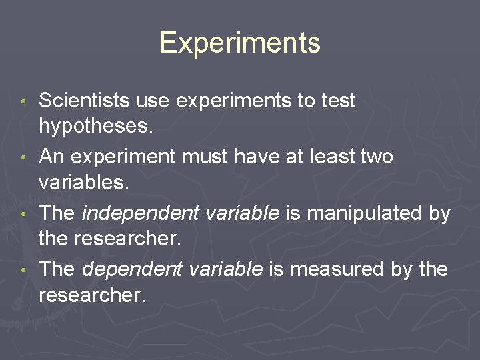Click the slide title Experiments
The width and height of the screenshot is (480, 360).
coord(240,43)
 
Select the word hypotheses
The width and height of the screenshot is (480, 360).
coord(96,126)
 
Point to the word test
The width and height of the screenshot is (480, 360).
coord(339,101)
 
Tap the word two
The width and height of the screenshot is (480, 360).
coord(376,157)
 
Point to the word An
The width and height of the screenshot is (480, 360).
coord(51,157)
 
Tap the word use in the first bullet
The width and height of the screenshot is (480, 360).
coord(152,101)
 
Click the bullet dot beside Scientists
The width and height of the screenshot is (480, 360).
coord(24,103)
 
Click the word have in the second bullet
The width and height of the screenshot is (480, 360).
coord(256,157)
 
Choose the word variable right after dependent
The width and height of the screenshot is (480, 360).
coord(223,269)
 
